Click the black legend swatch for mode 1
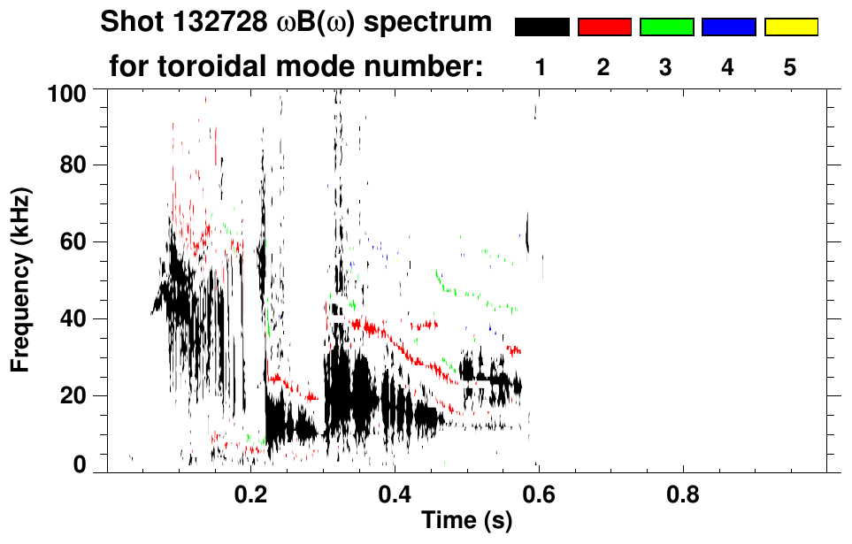pos(541,27)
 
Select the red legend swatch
pos(604,27)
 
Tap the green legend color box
pos(666,27)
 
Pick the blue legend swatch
pos(728,27)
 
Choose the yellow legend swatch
pos(790,27)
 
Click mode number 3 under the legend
pos(666,67)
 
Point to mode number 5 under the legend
pos(790,67)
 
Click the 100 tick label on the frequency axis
pos(66,91)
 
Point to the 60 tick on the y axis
pos(73,241)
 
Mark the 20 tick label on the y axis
pos(73,395)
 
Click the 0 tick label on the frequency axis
pos(79,464)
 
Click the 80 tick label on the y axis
pos(73,165)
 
